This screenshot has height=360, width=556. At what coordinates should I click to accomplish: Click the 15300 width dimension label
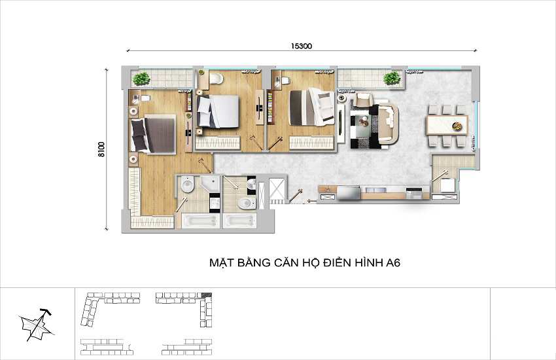tap(302, 46)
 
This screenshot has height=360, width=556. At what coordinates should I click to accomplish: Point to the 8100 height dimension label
tap(101, 149)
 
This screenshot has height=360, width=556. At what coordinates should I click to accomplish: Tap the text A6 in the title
tap(393, 263)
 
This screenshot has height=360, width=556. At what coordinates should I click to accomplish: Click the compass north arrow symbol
tap(37, 325)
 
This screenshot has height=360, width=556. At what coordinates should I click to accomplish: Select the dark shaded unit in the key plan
tap(206, 295)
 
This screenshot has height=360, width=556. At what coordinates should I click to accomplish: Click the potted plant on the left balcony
tap(141, 79)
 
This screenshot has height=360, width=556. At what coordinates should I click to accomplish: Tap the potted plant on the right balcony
tap(392, 78)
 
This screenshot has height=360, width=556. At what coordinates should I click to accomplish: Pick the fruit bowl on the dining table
tap(457, 126)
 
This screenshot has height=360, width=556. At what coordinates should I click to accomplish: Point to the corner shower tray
tap(210, 184)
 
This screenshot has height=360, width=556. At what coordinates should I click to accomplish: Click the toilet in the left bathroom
tap(187, 185)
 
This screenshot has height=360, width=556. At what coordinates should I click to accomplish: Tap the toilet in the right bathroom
tap(247, 203)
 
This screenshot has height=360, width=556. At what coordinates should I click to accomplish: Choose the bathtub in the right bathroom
tap(239, 221)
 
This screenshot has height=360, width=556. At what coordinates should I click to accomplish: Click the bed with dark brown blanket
tap(154, 134)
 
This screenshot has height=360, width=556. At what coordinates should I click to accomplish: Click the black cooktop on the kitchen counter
tap(414, 193)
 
